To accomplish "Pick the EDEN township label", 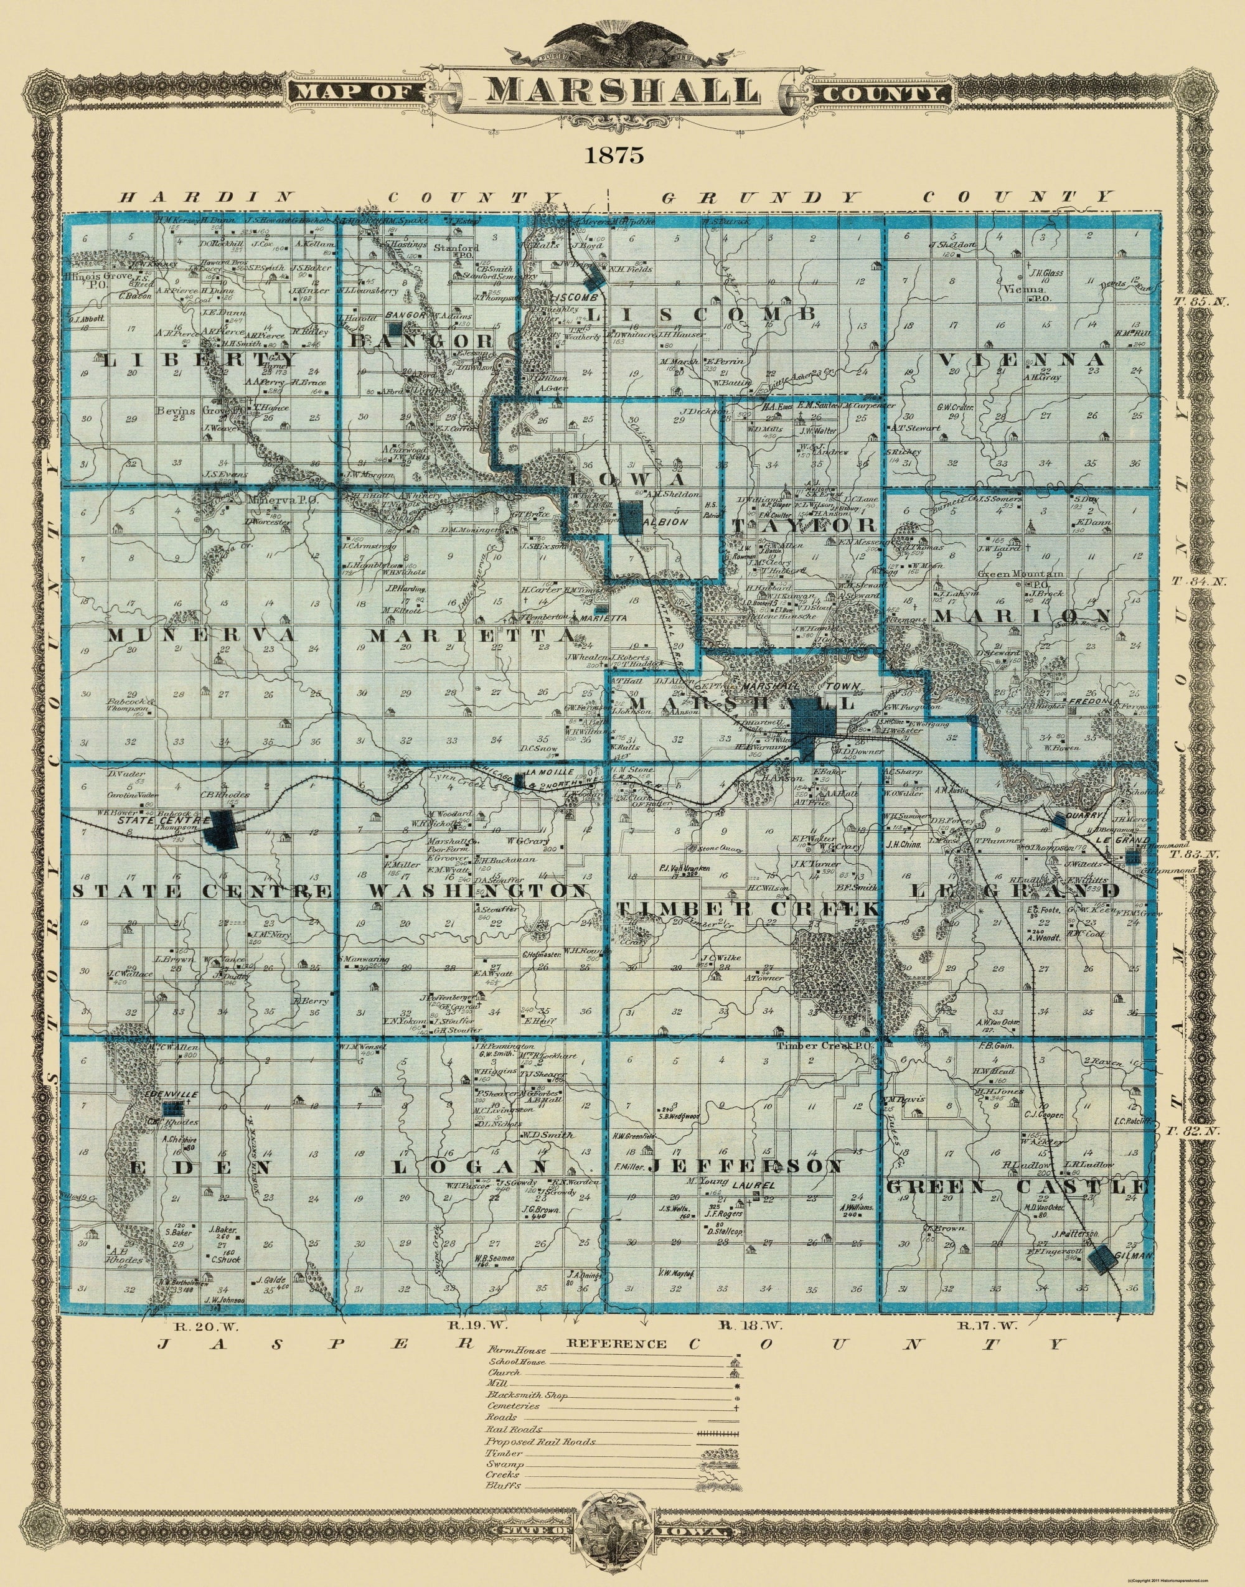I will point(202,1166).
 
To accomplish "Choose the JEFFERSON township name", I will point(745,1166).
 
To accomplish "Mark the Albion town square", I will point(632,520).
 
